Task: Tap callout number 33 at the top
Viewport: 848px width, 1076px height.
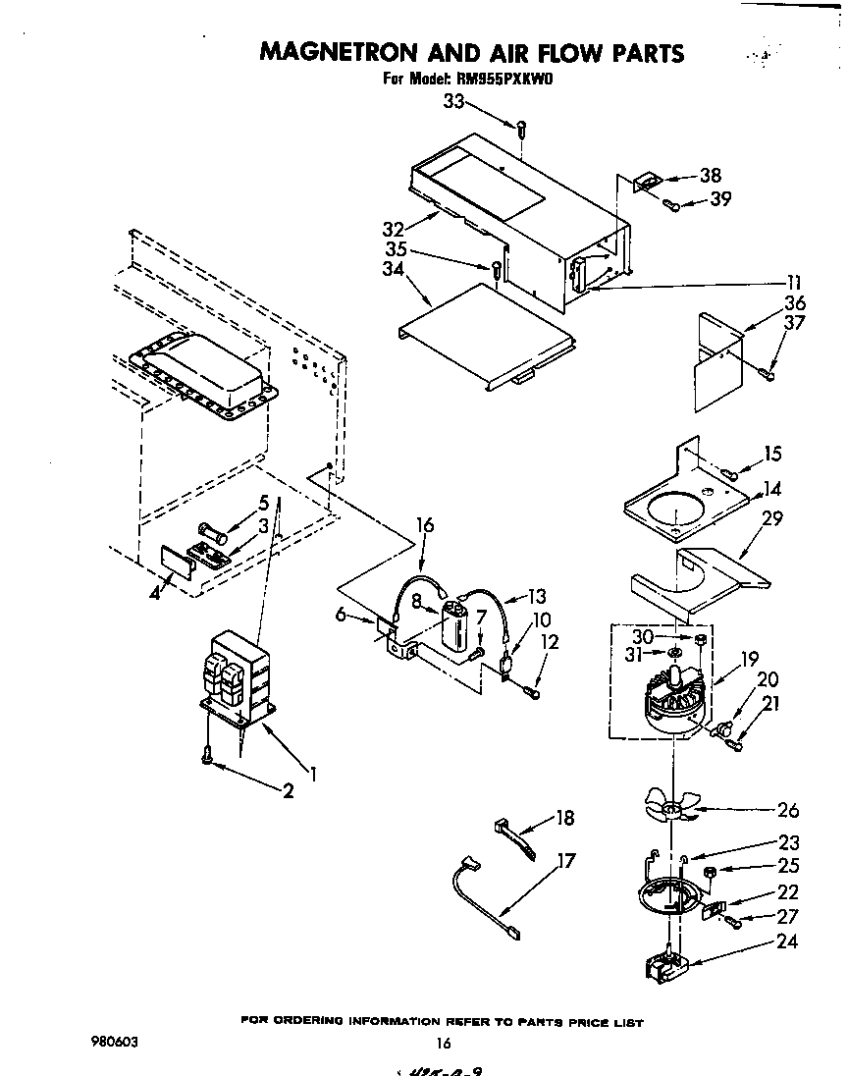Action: pyautogui.click(x=453, y=101)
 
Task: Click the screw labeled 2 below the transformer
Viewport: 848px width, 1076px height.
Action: pyautogui.click(x=207, y=754)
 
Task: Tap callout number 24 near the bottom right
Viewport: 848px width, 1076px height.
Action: pyautogui.click(x=785, y=941)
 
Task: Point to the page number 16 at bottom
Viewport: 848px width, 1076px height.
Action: pyautogui.click(x=443, y=1044)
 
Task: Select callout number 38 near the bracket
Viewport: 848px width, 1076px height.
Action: pyautogui.click(x=710, y=176)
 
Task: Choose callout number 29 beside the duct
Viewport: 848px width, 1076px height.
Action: pyautogui.click(x=773, y=517)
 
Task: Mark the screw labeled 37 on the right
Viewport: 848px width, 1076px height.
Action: pyautogui.click(x=767, y=371)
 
